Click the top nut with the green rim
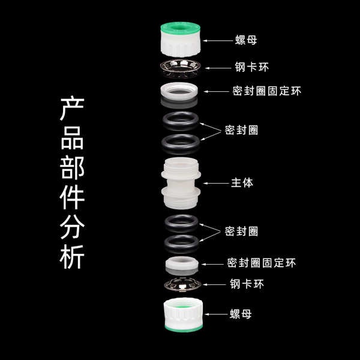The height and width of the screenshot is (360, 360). [181, 39]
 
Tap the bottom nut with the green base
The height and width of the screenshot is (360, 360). [184, 315]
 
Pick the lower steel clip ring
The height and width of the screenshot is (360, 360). [183, 285]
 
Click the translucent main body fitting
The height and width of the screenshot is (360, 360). [181, 183]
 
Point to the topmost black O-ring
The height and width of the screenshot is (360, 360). [181, 121]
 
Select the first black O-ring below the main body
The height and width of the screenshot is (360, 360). [181, 223]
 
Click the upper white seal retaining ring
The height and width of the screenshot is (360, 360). [179, 92]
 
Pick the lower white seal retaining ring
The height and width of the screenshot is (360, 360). [182, 263]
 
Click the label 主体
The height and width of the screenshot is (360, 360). [242, 183]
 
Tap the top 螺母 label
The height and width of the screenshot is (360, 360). [246, 40]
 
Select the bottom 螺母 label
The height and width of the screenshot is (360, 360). [241, 314]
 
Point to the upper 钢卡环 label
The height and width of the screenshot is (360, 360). [251, 67]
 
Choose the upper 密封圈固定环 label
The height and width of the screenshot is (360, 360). [266, 91]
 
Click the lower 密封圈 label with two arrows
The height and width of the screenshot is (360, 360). [241, 231]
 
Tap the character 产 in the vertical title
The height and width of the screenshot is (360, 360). [72, 109]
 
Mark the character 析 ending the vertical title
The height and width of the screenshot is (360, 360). [72, 256]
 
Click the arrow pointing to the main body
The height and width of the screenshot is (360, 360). [216, 183]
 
